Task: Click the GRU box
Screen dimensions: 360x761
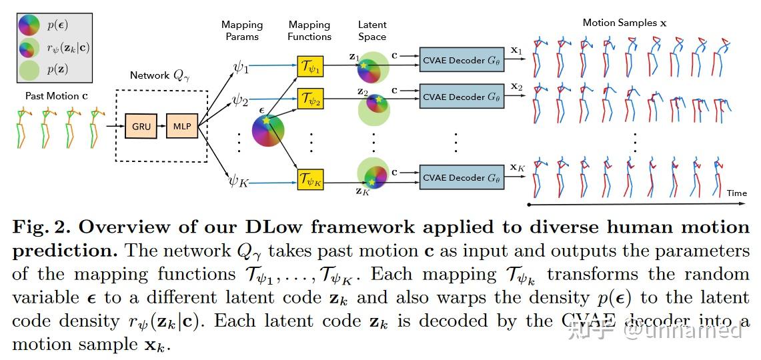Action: point(141,125)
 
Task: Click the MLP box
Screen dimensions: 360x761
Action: point(182,125)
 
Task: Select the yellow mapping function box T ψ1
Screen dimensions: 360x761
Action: point(309,67)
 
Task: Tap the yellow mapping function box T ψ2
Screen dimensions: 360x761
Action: point(309,101)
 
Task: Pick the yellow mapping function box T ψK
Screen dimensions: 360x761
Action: point(309,179)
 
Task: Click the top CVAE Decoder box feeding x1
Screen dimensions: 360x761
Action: point(462,60)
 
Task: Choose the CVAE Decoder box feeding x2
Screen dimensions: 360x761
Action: point(462,97)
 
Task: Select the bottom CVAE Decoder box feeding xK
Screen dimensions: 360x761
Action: point(462,178)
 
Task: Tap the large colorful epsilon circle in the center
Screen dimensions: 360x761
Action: point(268,130)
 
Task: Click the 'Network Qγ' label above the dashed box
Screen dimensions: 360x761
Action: point(160,75)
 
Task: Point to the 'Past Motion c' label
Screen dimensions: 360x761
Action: point(57,96)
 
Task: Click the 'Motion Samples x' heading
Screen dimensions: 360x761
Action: point(624,23)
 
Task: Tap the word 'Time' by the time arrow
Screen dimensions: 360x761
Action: point(736,193)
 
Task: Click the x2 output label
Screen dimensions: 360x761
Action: point(516,87)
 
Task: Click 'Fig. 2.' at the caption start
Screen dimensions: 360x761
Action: point(39,227)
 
